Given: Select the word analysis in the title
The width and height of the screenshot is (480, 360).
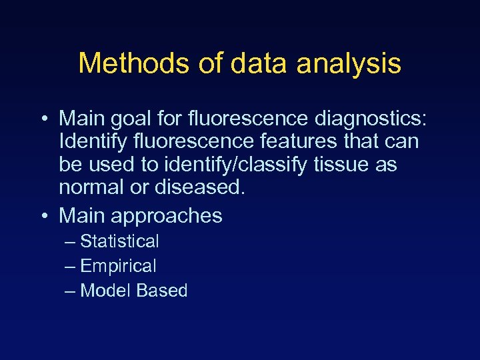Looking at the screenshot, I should click(349, 64).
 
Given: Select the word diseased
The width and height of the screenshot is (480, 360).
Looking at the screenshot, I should click(197, 187).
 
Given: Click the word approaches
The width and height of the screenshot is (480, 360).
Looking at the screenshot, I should click(167, 216).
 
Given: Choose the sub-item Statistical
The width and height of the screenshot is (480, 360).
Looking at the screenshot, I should click(119, 241).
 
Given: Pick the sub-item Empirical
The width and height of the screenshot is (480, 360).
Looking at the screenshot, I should click(118, 266).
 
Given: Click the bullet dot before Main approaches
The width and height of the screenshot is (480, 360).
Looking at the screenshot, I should click(43, 216).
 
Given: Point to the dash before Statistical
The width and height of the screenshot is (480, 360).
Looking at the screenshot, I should click(71, 242).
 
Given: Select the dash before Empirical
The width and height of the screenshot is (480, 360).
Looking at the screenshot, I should click(71, 267).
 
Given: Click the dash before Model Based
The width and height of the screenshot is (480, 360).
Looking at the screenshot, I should click(71, 291).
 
